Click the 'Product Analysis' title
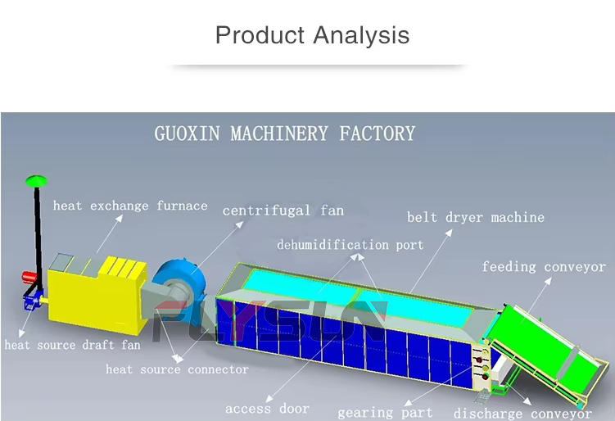coord(312,35)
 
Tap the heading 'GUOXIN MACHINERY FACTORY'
coord(284,134)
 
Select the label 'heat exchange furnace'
coord(130,206)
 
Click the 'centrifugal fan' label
coord(283,210)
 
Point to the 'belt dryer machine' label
coord(476,217)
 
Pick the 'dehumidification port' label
coord(350,244)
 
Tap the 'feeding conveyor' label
coord(544,266)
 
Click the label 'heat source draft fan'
coord(72,345)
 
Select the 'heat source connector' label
coord(177,369)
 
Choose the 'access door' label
coord(268,408)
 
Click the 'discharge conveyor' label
coord(522,414)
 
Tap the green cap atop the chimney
coord(35,179)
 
